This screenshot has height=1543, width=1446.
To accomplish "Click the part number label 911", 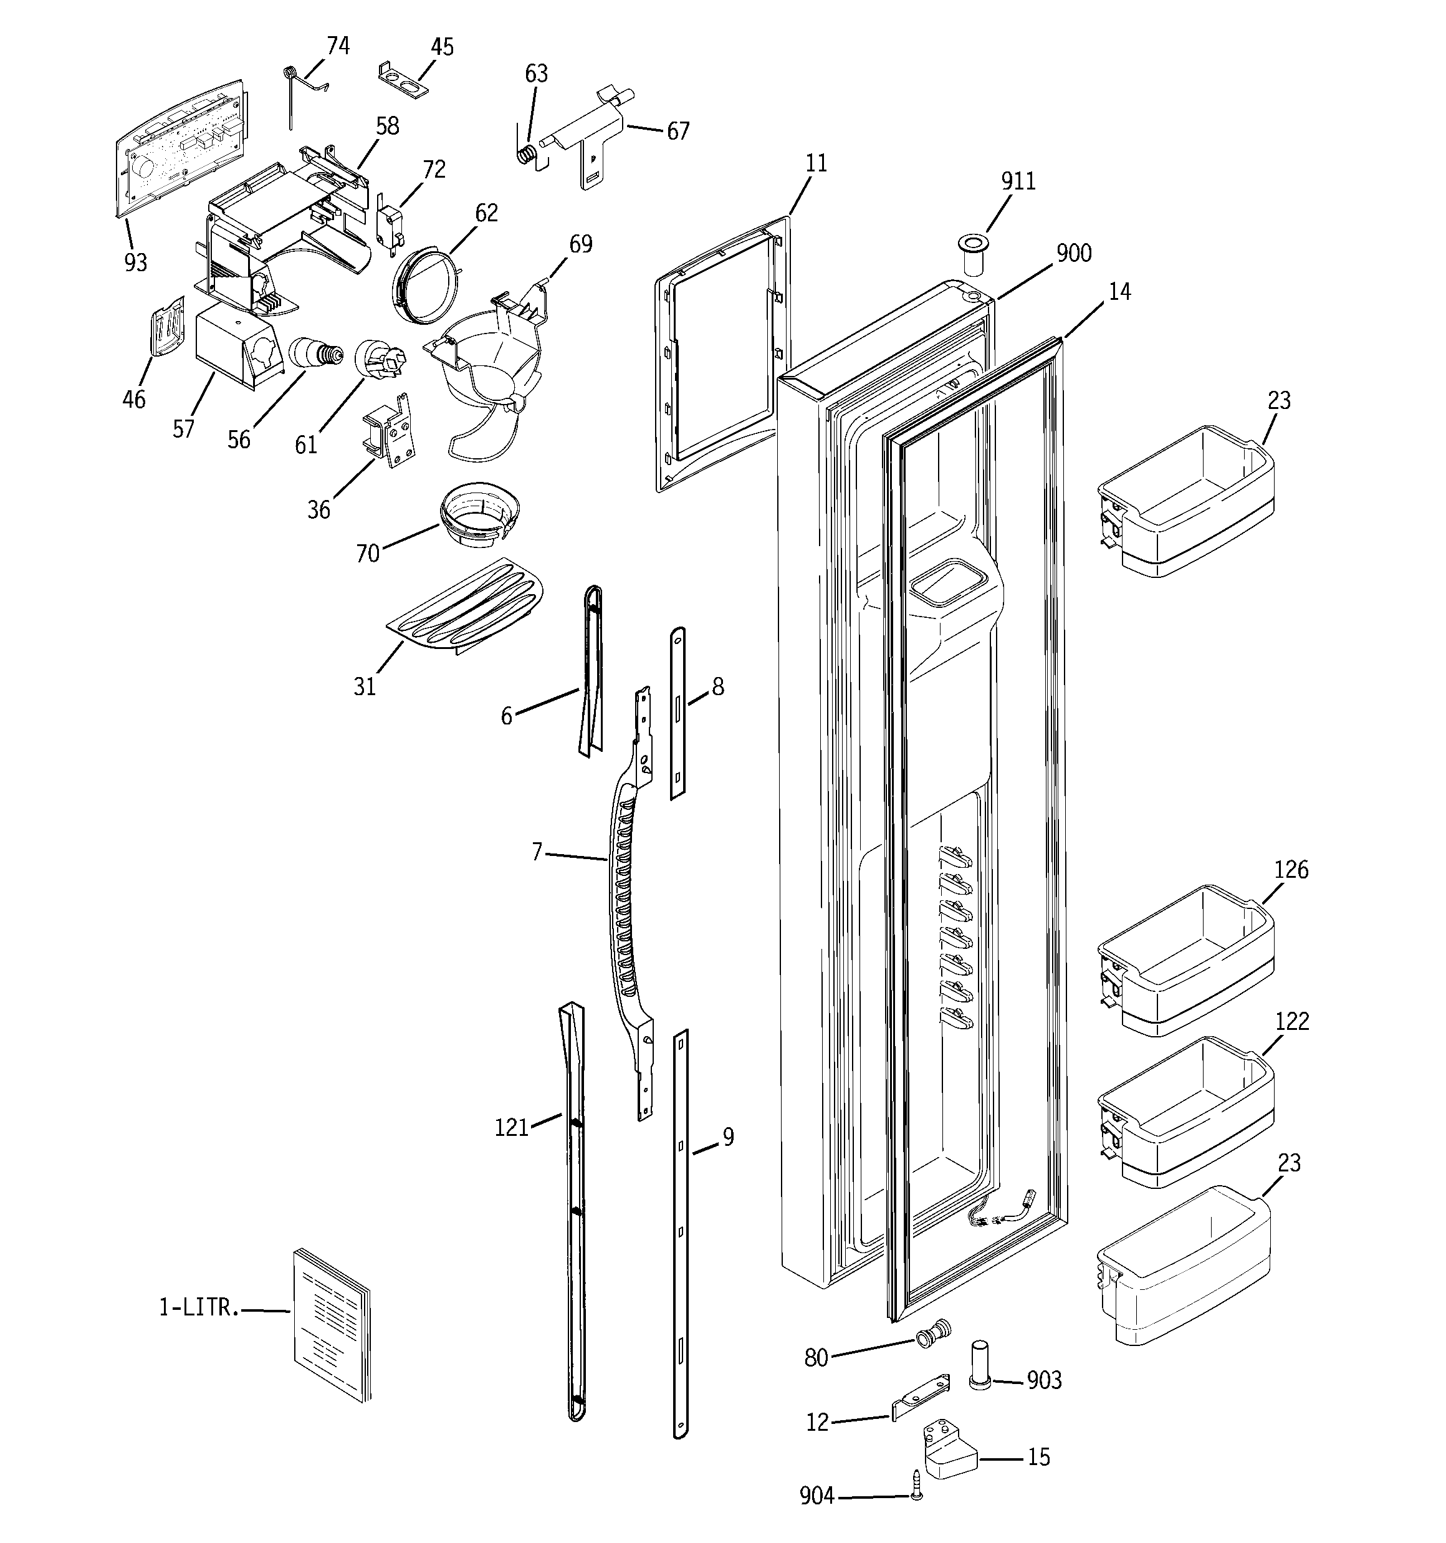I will point(1018,181).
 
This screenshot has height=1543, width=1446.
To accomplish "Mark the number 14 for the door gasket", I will point(1119,292).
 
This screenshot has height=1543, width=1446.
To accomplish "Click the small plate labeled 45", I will point(404,80).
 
